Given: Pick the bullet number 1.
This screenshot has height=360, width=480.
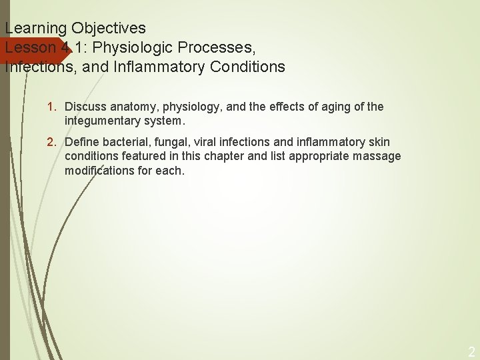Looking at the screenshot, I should click(51, 107).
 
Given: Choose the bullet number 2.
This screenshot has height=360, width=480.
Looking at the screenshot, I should click(51, 142).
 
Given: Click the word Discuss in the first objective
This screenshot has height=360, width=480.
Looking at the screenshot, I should click(83, 107).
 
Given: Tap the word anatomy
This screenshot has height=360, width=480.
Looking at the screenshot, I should click(130, 107).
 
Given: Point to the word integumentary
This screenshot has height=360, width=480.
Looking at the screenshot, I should click(100, 121).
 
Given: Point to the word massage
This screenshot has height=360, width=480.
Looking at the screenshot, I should click(378, 156).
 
